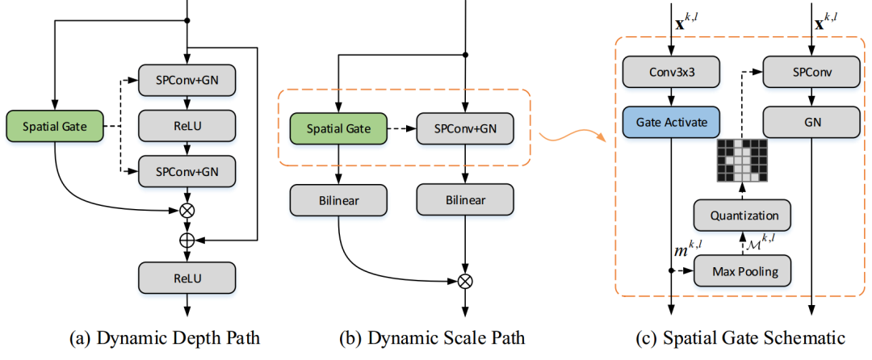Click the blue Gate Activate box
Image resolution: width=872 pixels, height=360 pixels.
pyautogui.click(x=670, y=123)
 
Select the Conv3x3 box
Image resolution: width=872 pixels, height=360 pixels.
pyautogui.click(x=670, y=74)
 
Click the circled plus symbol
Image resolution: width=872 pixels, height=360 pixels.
pyautogui.click(x=187, y=240)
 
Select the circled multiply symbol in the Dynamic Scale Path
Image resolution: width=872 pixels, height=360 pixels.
pyautogui.click(x=465, y=282)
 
